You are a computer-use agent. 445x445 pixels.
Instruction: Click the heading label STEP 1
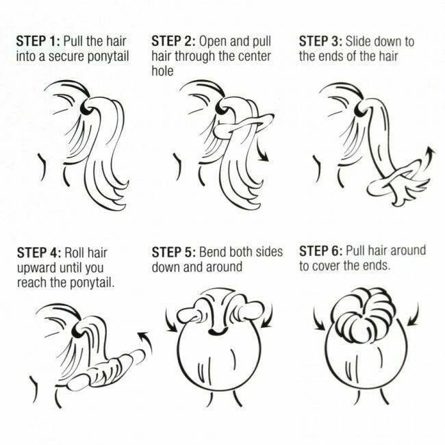click(x=38, y=41)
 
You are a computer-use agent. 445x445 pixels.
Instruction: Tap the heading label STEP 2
click(x=173, y=41)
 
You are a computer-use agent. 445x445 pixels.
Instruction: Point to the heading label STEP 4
click(x=39, y=253)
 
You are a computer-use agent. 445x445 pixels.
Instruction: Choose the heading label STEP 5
click(x=174, y=252)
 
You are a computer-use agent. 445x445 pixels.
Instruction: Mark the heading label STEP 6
click(x=321, y=251)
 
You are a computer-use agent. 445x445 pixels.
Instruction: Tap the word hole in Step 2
click(x=162, y=71)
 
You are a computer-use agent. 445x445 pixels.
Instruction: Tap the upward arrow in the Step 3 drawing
click(x=428, y=159)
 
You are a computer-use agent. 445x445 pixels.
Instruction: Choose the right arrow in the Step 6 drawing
click(x=415, y=316)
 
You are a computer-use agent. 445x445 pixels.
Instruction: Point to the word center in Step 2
click(x=254, y=56)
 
